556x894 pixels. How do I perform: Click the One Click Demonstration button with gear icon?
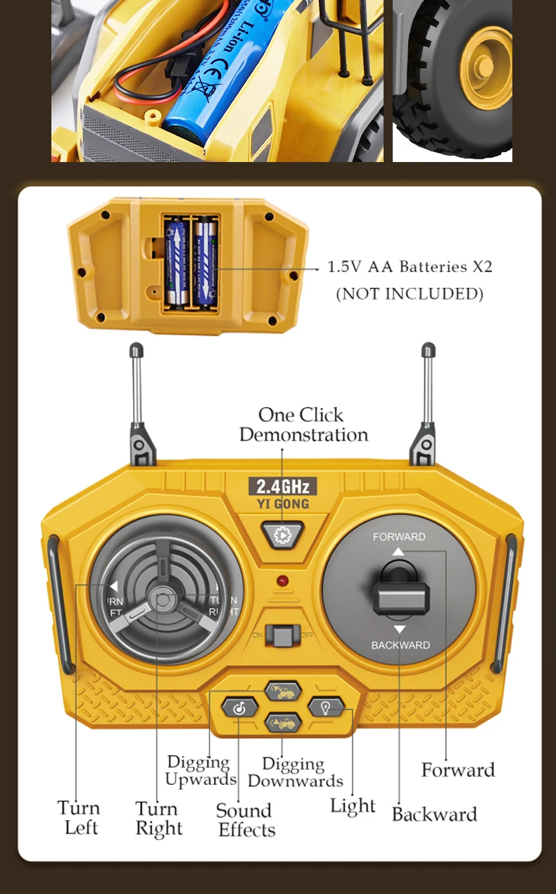tap(282, 535)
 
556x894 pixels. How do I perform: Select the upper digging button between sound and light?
tap(283, 691)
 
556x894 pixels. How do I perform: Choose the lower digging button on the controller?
tap(283, 723)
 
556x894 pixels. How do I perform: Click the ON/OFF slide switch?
tap(282, 635)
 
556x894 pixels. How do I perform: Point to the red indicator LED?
tap(282, 581)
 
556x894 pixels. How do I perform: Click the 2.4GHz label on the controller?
tap(282, 486)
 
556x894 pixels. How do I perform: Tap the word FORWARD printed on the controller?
tap(399, 537)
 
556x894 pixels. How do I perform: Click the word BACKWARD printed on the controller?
tap(400, 645)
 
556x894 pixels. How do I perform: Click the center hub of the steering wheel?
tap(164, 600)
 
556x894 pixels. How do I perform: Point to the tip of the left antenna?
tap(137, 349)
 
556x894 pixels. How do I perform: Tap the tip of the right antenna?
tap(428, 349)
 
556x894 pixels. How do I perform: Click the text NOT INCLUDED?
tap(410, 294)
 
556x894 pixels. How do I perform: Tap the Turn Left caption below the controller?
tap(79, 817)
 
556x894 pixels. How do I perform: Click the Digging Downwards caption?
tap(295, 773)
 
